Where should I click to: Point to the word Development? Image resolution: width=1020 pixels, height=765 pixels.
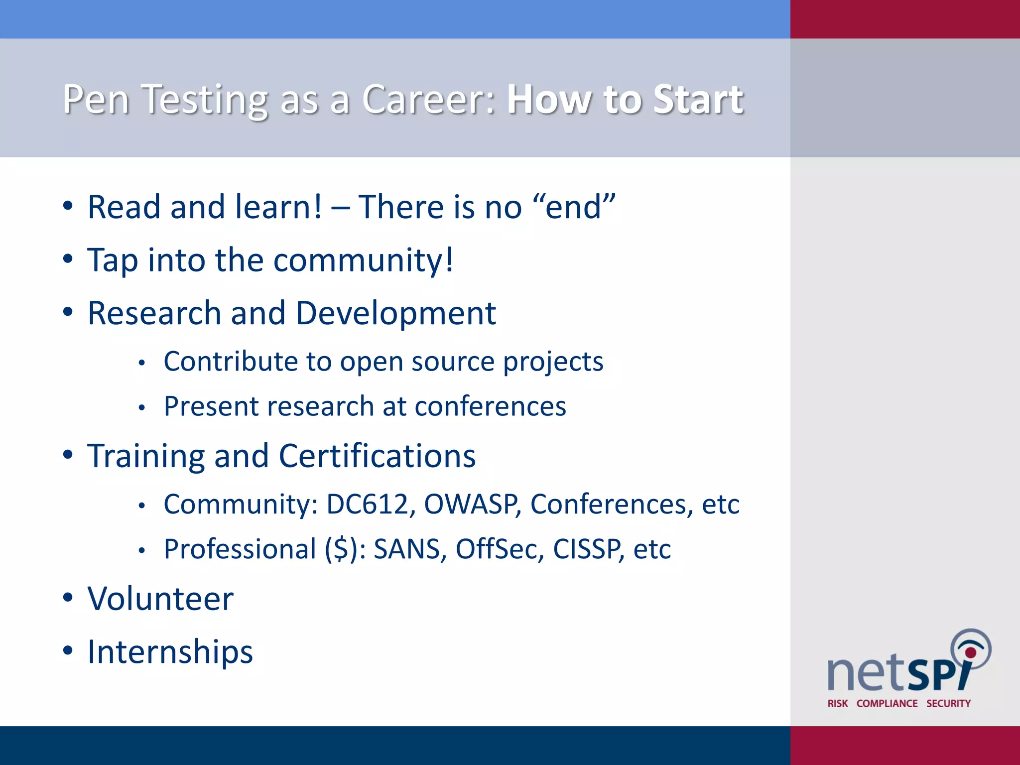click(x=395, y=314)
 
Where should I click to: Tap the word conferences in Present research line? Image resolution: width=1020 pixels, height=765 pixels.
click(x=490, y=406)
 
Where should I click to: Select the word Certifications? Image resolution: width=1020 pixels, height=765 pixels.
click(x=377, y=456)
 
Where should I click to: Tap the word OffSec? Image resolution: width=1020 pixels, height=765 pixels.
click(x=500, y=549)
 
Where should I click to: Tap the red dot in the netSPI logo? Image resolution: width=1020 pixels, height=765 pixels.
click(x=970, y=652)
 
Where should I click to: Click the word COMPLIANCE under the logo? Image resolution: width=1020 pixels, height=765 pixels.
click(x=887, y=703)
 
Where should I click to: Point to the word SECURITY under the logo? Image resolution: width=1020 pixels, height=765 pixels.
click(x=948, y=703)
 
